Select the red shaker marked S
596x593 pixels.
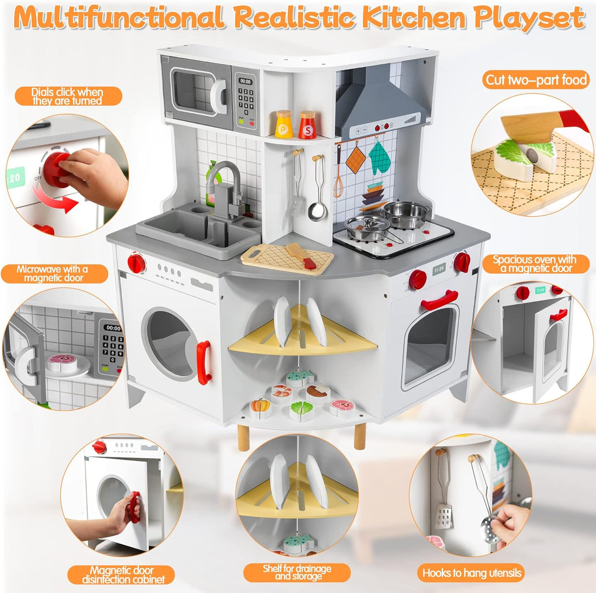pyautogui.click(x=307, y=125)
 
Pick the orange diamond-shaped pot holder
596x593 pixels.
pyautogui.click(x=356, y=159)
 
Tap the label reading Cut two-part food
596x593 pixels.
pyautogui.click(x=536, y=80)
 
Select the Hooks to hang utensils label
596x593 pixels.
pyautogui.click(x=472, y=572)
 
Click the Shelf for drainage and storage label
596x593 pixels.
pyautogui.click(x=296, y=572)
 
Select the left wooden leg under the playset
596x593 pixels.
pyautogui.click(x=244, y=437)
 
